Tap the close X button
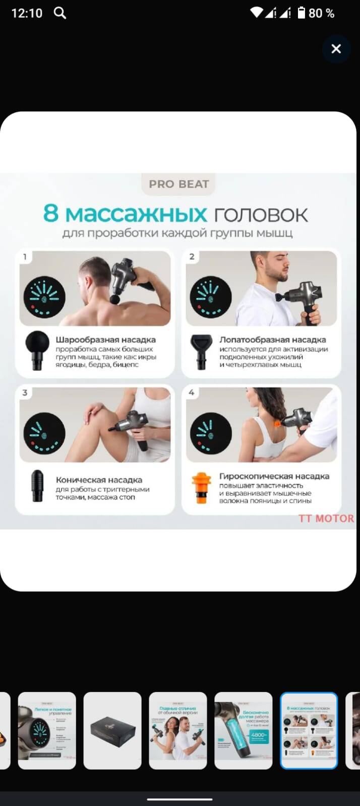pos(336,49)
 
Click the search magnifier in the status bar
pos(60,13)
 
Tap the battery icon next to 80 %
pos(302,13)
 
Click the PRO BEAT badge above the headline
pos(178,184)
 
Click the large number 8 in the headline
pos(51,213)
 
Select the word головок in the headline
pos(261,214)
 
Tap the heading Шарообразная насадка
pos(105,340)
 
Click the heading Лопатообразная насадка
pos(272,340)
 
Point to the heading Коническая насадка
pos(99,480)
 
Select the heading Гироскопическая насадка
pos(274,476)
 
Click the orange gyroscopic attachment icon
pos(201,488)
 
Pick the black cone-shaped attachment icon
pos(37,486)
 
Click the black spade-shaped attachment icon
pos(201,351)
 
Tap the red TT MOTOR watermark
pos(326,518)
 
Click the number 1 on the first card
pos(24,257)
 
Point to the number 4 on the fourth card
pos(191,392)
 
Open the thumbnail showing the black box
pos(112,730)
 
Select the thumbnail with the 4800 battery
pos(243,730)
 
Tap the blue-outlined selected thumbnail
pos(309,730)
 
